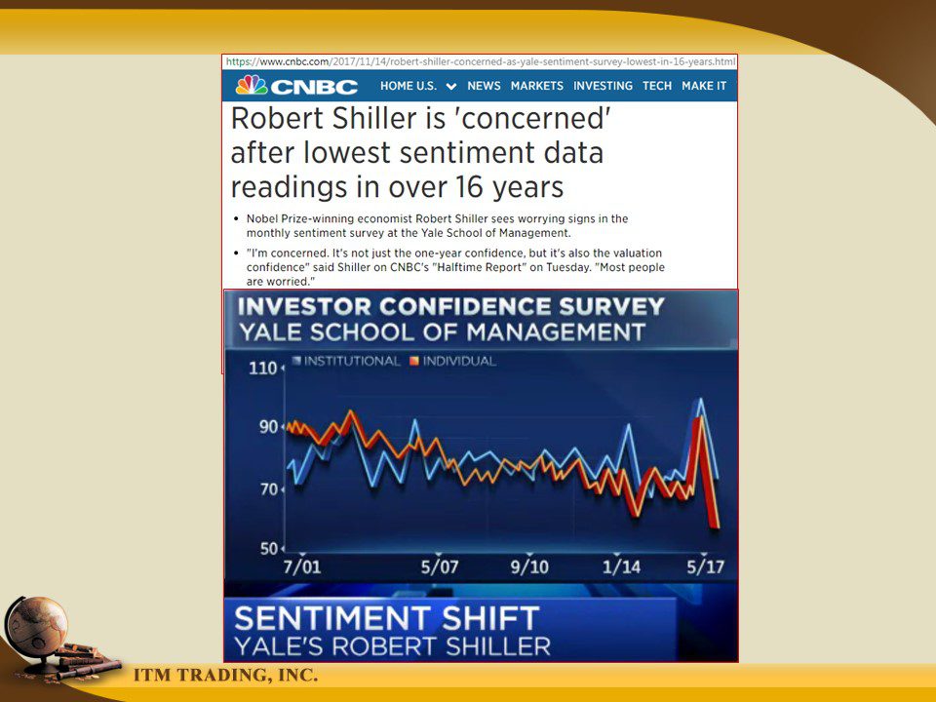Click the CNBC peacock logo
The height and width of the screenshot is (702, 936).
point(252,86)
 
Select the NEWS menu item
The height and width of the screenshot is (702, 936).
point(484,86)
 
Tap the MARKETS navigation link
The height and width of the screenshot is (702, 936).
point(536,86)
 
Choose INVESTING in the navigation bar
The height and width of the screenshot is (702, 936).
point(603,86)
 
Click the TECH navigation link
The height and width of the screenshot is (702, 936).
point(657,86)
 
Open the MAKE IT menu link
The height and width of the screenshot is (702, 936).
point(704,86)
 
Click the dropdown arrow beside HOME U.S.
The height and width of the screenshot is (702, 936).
point(451,87)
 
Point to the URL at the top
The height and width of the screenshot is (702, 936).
point(481,61)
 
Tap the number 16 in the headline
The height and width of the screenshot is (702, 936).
point(469,187)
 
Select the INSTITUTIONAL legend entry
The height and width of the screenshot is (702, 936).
point(346,361)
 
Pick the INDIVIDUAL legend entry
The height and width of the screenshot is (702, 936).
point(453,361)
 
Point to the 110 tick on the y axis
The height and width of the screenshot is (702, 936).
point(262,368)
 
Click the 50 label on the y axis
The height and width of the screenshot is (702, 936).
point(269,549)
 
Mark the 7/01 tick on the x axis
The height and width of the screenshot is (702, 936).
point(302,566)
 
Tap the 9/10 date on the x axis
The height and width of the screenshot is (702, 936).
point(529,566)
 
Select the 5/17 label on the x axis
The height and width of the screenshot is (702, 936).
point(705,566)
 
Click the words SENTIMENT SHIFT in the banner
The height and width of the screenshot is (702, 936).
point(387,618)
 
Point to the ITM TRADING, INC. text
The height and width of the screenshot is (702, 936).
point(225,675)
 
